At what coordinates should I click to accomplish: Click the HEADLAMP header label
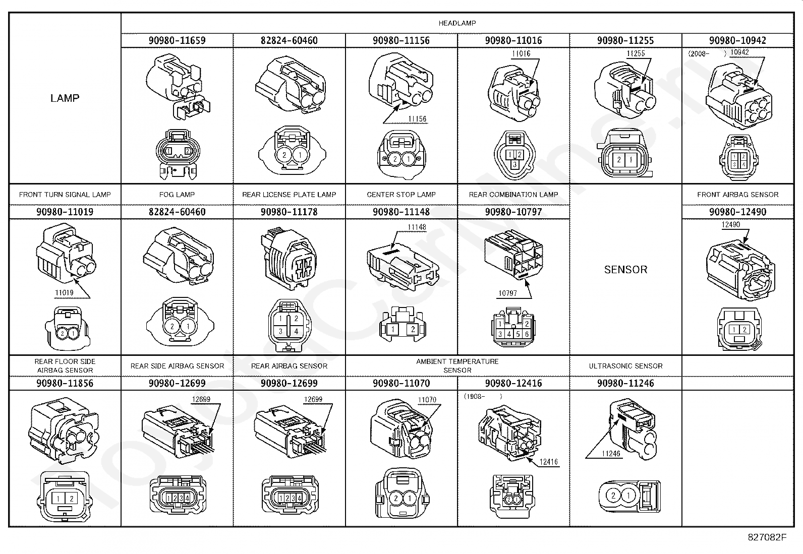pyautogui.click(x=457, y=23)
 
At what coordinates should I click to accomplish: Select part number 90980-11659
pyautogui.click(x=177, y=40)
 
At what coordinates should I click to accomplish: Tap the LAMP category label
pyautogui.click(x=65, y=98)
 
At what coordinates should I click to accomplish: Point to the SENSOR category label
pyautogui.click(x=625, y=270)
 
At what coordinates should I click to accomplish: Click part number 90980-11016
pyautogui.click(x=513, y=40)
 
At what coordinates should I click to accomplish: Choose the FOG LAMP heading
pyautogui.click(x=177, y=195)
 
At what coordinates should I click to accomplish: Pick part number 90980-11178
pyautogui.click(x=290, y=212)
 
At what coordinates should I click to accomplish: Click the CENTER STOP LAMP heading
pyautogui.click(x=401, y=195)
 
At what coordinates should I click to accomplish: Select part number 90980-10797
pyautogui.click(x=513, y=212)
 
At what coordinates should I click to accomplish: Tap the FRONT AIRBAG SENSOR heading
pyautogui.click(x=738, y=195)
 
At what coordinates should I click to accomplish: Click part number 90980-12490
pyautogui.click(x=738, y=212)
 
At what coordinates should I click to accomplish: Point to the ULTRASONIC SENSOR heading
pyautogui.click(x=625, y=366)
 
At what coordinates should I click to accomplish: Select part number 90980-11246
pyautogui.click(x=625, y=383)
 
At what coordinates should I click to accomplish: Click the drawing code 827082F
pyautogui.click(x=767, y=537)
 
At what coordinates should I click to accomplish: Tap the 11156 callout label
pyautogui.click(x=417, y=118)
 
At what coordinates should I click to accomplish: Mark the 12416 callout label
pyautogui.click(x=549, y=462)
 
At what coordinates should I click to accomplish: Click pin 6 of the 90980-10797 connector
pyautogui.click(x=527, y=334)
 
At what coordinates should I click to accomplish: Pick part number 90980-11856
pyautogui.click(x=65, y=383)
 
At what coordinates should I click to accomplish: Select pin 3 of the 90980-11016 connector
pyautogui.click(x=514, y=164)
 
